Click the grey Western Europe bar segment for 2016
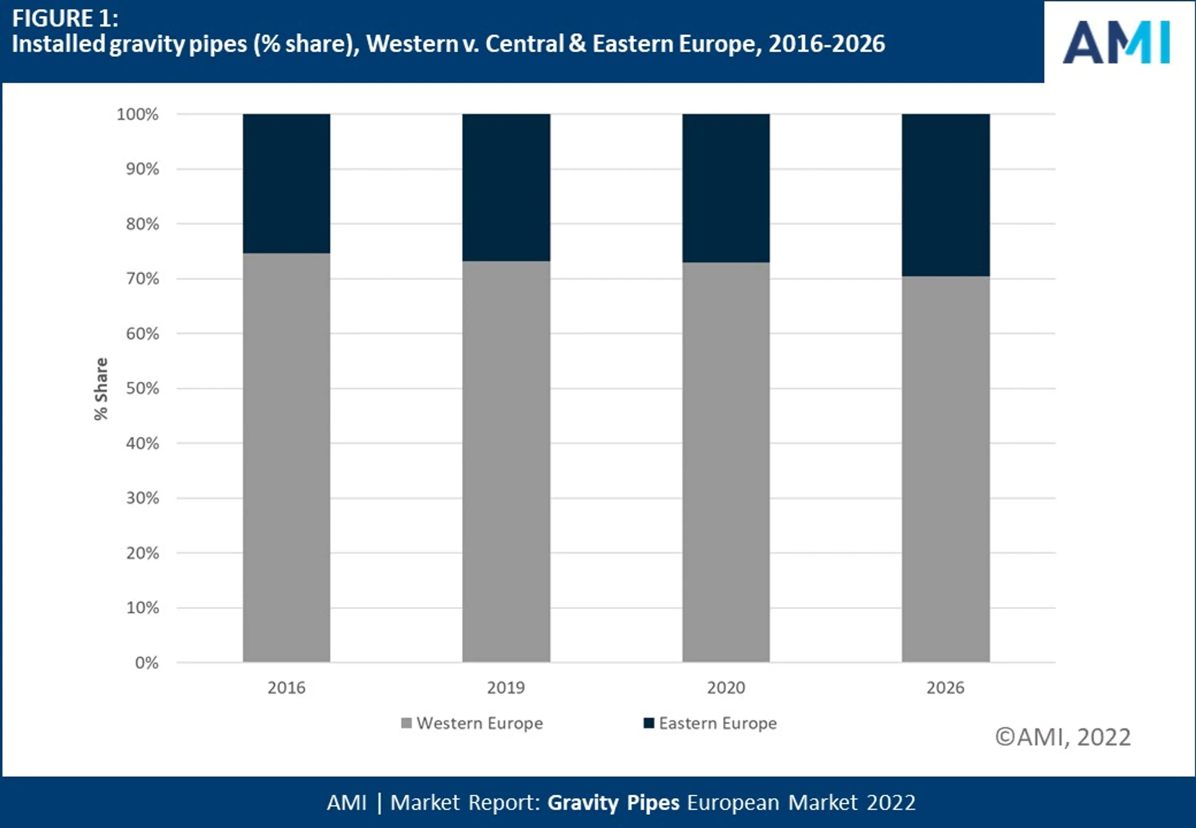tap(286, 457)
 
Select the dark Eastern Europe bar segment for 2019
tap(506, 187)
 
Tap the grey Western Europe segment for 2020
tap(726, 462)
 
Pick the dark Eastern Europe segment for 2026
tap(946, 195)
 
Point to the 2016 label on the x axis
tap(286, 688)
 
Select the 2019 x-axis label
tap(506, 688)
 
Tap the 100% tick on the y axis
tap(137, 114)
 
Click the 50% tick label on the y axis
tap(142, 388)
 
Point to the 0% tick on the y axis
tap(147, 663)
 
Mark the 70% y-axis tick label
tap(142, 278)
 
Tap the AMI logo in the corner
tap(1116, 43)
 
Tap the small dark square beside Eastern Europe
tap(648, 723)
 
